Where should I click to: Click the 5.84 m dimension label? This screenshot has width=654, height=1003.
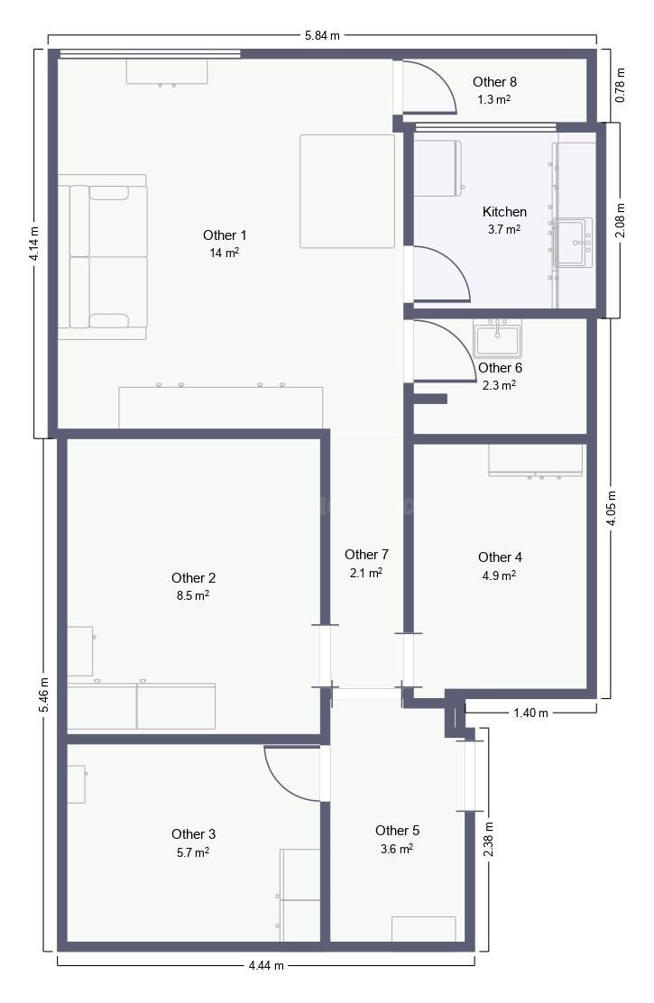click(322, 36)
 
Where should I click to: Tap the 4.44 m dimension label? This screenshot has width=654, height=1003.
click(266, 965)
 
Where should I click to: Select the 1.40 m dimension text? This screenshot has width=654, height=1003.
click(530, 713)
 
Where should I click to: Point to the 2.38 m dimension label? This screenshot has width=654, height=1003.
click(488, 839)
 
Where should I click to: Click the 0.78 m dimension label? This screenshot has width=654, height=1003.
click(620, 85)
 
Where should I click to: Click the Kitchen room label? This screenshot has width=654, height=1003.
click(504, 212)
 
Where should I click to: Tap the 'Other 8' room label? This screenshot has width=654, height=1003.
click(494, 82)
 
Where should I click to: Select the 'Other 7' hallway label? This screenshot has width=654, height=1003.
click(366, 555)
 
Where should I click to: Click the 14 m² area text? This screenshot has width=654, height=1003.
click(224, 253)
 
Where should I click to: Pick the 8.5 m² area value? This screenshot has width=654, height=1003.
click(193, 595)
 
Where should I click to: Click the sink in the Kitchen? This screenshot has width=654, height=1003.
click(574, 242)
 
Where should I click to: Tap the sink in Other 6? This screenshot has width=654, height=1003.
click(498, 338)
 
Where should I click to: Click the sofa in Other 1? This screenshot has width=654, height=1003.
click(103, 256)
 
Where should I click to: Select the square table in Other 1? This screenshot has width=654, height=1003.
click(347, 190)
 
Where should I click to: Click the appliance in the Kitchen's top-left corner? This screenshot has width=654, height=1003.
click(438, 168)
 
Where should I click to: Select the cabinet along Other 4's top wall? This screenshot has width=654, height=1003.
click(536, 461)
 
